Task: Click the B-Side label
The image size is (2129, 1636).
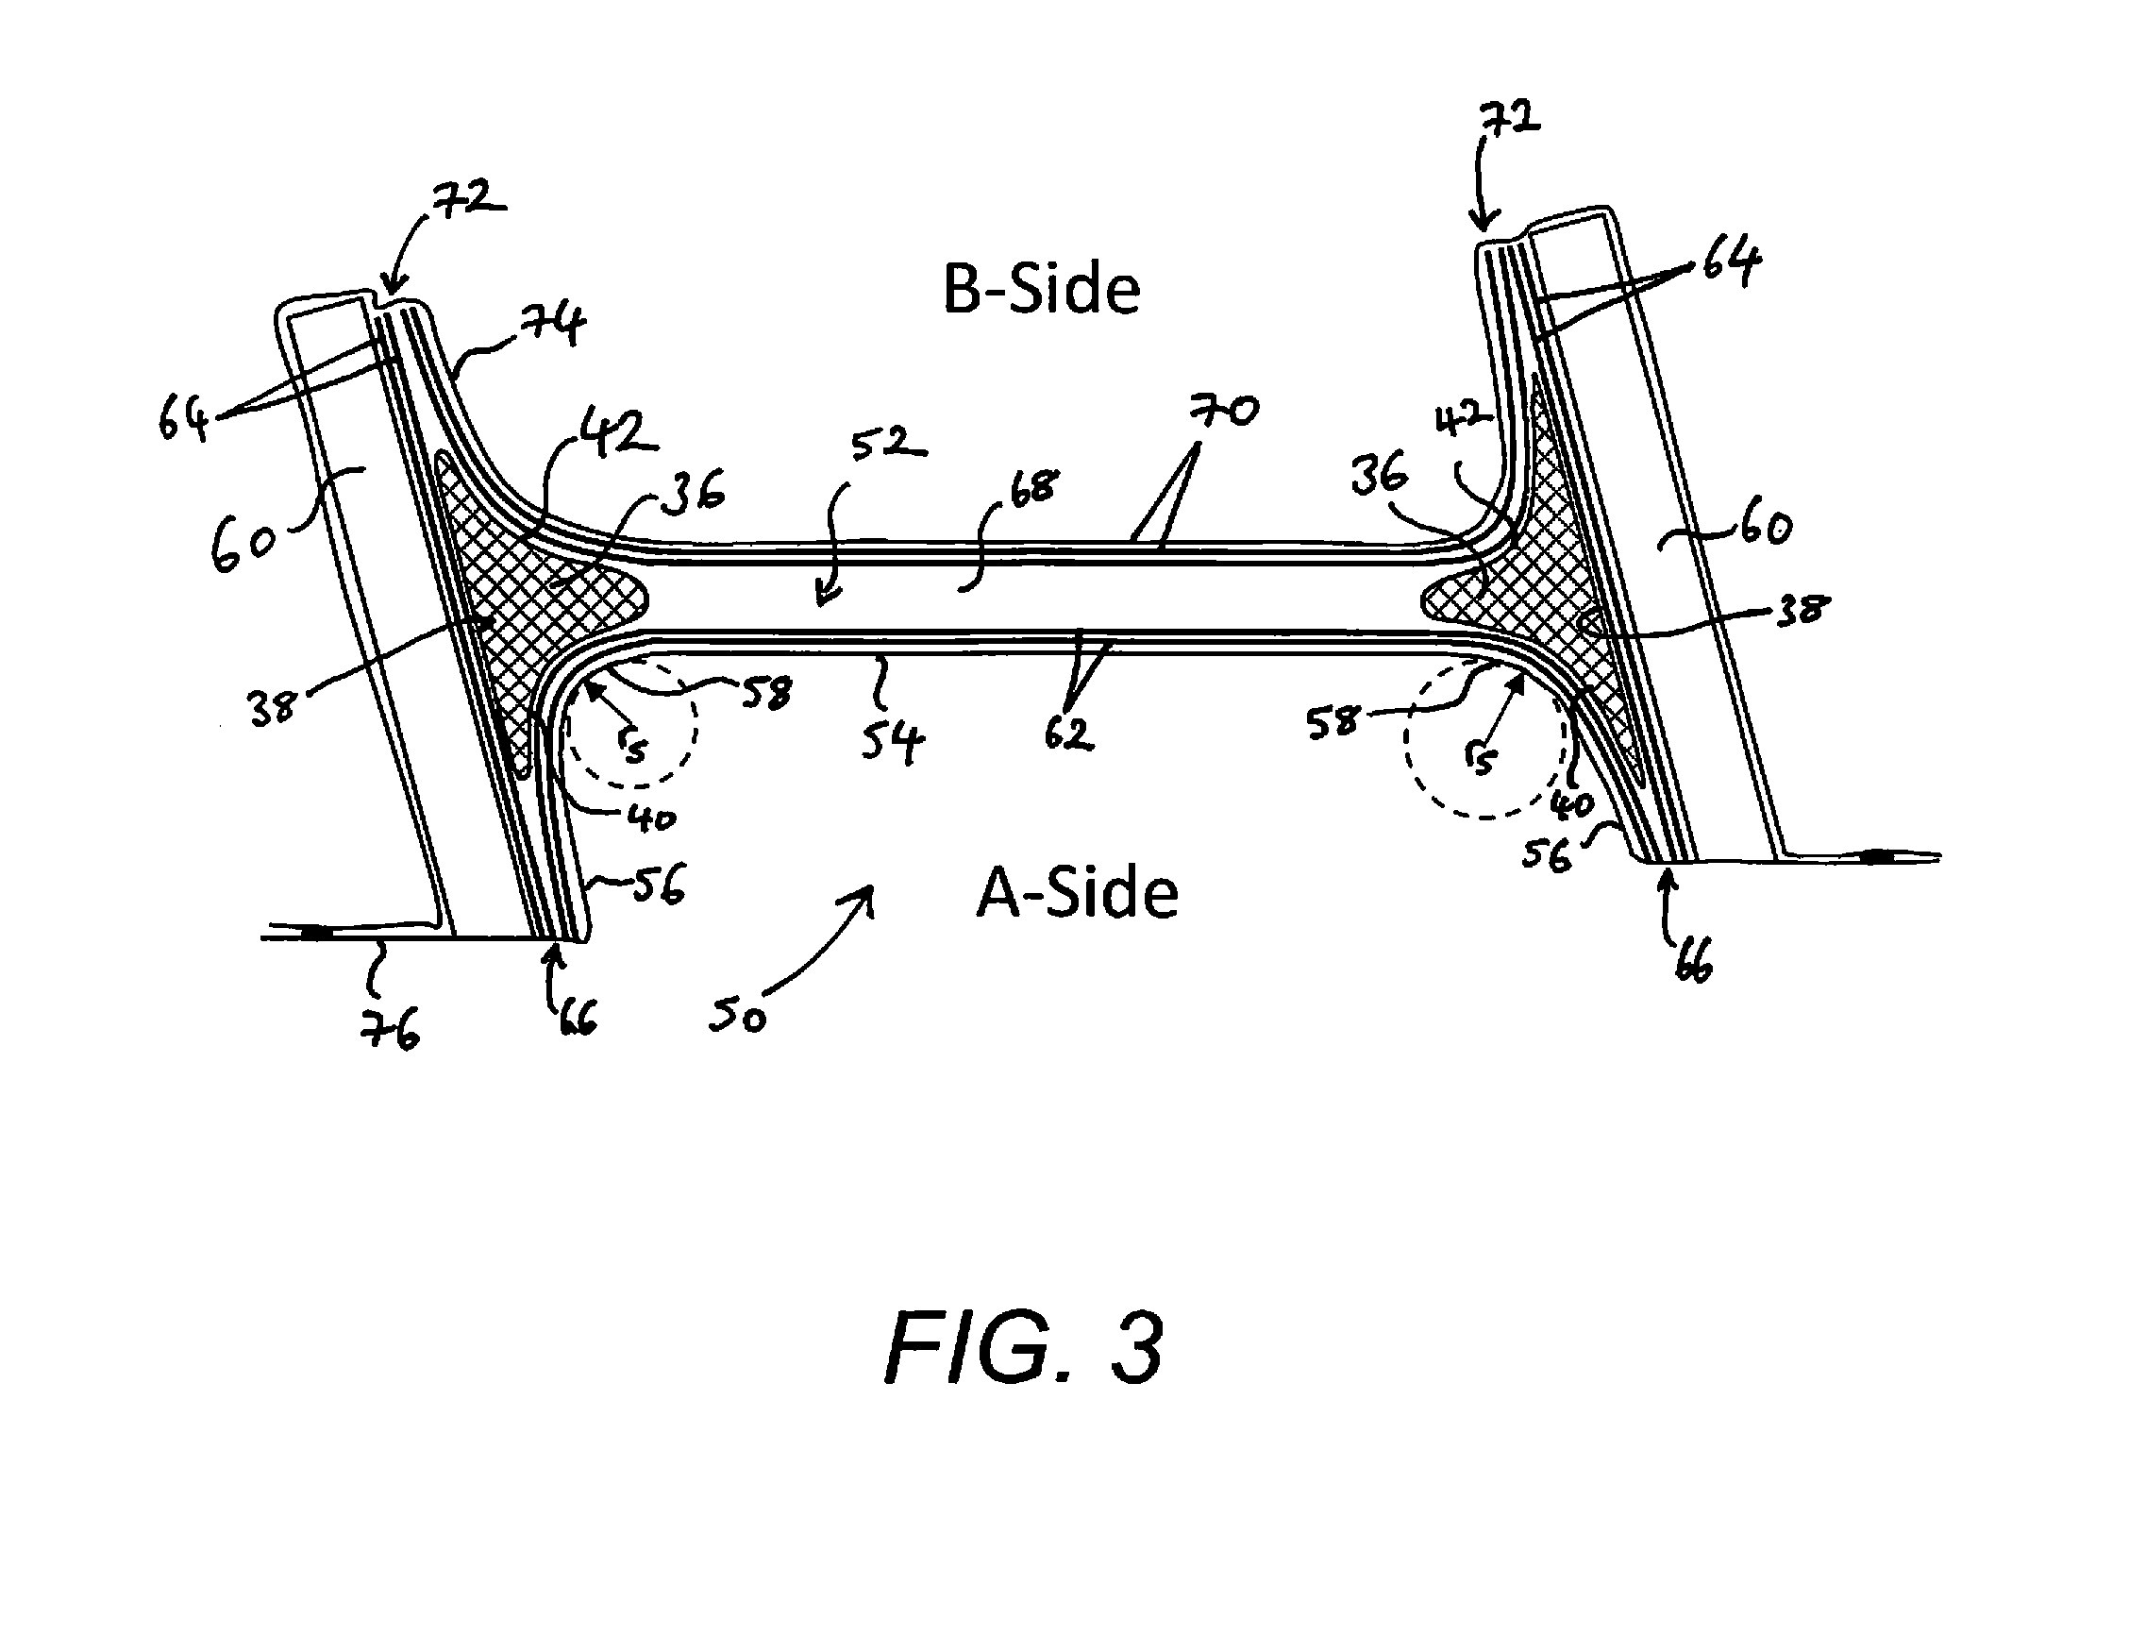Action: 1042,289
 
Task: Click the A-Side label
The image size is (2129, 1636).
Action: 1078,893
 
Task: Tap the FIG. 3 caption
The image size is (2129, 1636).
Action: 1024,1350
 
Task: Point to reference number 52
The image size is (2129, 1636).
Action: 887,445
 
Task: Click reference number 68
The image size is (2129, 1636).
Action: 1031,488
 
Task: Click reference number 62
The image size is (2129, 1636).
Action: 1069,733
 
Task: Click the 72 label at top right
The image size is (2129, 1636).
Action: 1509,119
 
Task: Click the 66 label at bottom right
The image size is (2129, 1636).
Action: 1693,962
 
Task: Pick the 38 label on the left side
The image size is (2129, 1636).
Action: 272,708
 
